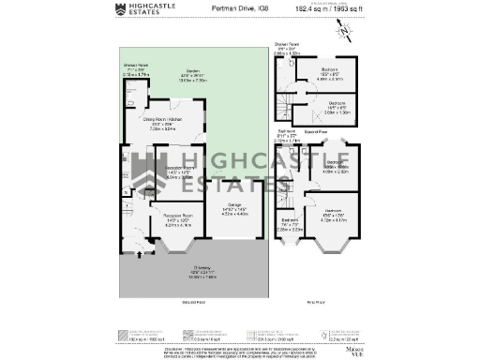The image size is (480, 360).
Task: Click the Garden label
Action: tap(194, 76)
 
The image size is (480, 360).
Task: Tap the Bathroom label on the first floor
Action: tap(288, 135)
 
